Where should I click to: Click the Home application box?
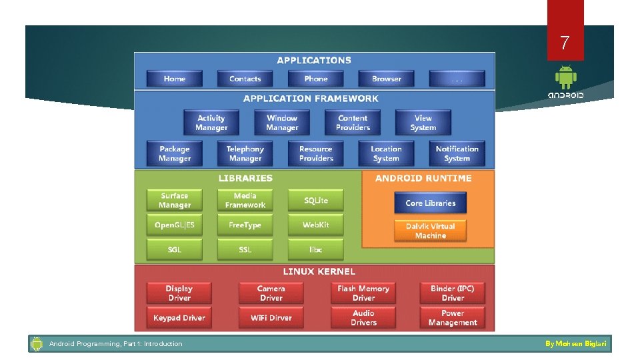click(175, 79)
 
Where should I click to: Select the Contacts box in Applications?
click(245, 79)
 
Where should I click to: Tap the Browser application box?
click(387, 79)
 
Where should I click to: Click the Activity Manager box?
click(211, 123)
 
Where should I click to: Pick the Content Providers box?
click(353, 123)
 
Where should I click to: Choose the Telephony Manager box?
click(245, 154)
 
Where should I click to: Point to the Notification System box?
click(457, 154)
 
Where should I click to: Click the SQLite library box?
click(316, 201)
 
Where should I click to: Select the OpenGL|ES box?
click(175, 225)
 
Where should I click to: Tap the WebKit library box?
click(316, 225)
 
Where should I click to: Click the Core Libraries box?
click(431, 203)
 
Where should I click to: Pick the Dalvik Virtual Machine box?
click(431, 231)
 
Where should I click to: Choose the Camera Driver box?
click(271, 293)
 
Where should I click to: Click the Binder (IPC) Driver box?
click(453, 293)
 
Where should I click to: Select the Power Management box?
click(453, 318)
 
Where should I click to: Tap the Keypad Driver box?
click(179, 318)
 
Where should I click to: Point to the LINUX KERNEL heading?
click(319, 272)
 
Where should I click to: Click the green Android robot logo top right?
click(566, 77)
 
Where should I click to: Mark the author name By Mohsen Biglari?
click(576, 344)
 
